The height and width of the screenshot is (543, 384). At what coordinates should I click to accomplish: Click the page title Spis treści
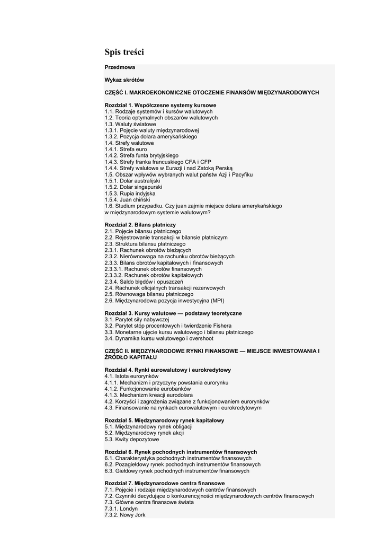click(124, 52)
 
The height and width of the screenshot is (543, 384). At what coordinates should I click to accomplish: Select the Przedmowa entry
click(120, 67)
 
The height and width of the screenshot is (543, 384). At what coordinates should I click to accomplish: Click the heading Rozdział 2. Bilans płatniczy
click(140, 225)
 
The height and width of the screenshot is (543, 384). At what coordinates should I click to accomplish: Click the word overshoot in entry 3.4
click(201, 338)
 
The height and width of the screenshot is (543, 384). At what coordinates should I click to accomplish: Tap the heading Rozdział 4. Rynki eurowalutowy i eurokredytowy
click(168, 370)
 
